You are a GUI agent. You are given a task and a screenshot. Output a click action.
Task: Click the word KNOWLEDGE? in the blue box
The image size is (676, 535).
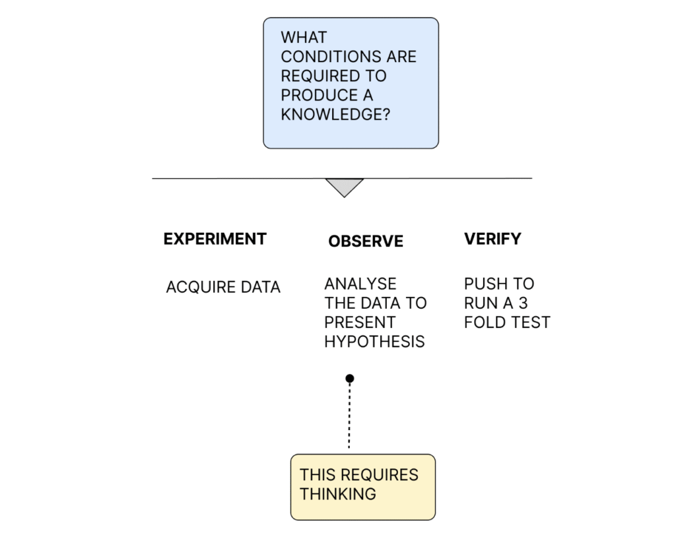click(335, 115)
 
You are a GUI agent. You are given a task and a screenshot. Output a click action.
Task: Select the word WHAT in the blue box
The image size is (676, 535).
click(304, 38)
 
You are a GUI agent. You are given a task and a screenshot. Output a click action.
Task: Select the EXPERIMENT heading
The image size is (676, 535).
click(215, 239)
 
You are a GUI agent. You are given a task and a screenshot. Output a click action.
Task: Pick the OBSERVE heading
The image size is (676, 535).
click(366, 241)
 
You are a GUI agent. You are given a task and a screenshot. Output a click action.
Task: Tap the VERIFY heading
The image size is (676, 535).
click(492, 239)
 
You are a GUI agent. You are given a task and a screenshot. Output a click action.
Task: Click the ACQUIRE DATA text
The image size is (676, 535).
click(223, 287)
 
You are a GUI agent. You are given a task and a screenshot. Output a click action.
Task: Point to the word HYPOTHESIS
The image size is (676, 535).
click(375, 342)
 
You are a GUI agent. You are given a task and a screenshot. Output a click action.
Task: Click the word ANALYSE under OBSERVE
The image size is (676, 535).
click(360, 284)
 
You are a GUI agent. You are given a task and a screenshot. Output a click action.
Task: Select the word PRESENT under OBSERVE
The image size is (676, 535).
click(360, 322)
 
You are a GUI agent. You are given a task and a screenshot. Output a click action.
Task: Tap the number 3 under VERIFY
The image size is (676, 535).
click(523, 303)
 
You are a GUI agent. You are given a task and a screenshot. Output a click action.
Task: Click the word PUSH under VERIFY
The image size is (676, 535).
click(485, 284)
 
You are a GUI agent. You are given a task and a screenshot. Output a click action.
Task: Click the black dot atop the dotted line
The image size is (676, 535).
click(350, 379)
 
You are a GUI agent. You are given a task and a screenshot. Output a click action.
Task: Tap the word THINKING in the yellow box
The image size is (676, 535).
click(338, 494)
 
